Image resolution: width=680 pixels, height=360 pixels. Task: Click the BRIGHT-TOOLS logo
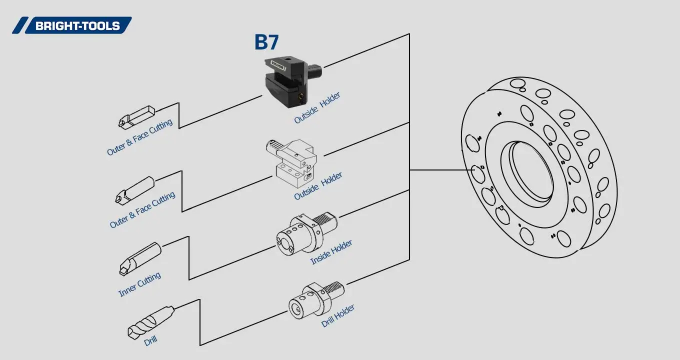(x=72, y=25)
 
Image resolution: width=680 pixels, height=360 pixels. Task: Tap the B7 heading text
(x=266, y=42)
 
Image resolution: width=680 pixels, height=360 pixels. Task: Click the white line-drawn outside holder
(x=292, y=162)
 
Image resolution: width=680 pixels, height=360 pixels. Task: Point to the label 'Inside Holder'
(x=331, y=252)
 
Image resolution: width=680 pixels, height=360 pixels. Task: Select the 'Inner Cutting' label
(x=139, y=284)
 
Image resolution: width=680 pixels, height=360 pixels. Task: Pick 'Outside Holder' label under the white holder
(x=318, y=186)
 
